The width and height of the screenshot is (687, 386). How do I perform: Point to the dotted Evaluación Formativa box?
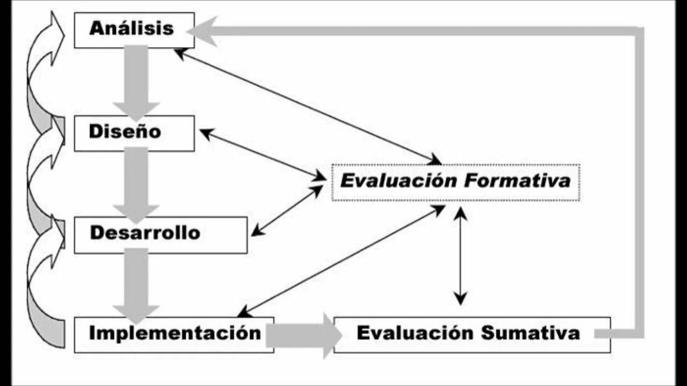(455, 182)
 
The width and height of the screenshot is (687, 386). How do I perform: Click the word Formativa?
(517, 181)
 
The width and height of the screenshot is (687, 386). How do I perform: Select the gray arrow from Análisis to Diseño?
(136, 80)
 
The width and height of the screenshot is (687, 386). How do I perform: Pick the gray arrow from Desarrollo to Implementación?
(136, 284)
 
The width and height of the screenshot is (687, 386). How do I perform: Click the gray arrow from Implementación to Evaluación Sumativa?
(303, 336)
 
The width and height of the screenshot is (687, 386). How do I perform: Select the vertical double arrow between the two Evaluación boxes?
(460, 256)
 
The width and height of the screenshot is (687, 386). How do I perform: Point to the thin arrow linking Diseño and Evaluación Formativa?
(262, 154)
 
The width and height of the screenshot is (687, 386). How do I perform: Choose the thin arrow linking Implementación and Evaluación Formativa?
(341, 261)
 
